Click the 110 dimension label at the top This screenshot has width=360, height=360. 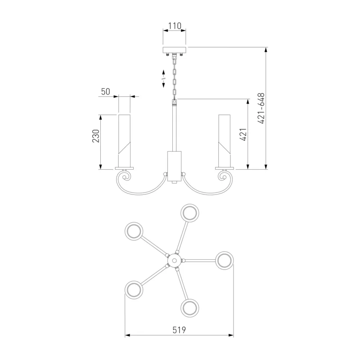[x=175, y=26]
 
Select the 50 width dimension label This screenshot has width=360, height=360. [x=106, y=92]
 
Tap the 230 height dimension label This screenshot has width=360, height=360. [x=96, y=136]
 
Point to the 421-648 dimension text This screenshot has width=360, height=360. [x=261, y=108]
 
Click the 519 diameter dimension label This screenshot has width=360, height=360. [x=179, y=330]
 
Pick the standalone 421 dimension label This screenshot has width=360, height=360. [x=243, y=134]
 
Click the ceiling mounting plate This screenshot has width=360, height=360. [x=174, y=50]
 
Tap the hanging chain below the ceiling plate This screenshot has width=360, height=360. [x=175, y=77]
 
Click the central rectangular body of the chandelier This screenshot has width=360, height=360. [x=174, y=166]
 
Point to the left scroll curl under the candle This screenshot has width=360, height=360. [x=126, y=177]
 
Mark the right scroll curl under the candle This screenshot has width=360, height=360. [x=222, y=177]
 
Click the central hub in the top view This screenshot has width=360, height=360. [x=174, y=261]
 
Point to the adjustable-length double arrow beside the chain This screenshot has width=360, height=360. [x=163, y=78]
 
